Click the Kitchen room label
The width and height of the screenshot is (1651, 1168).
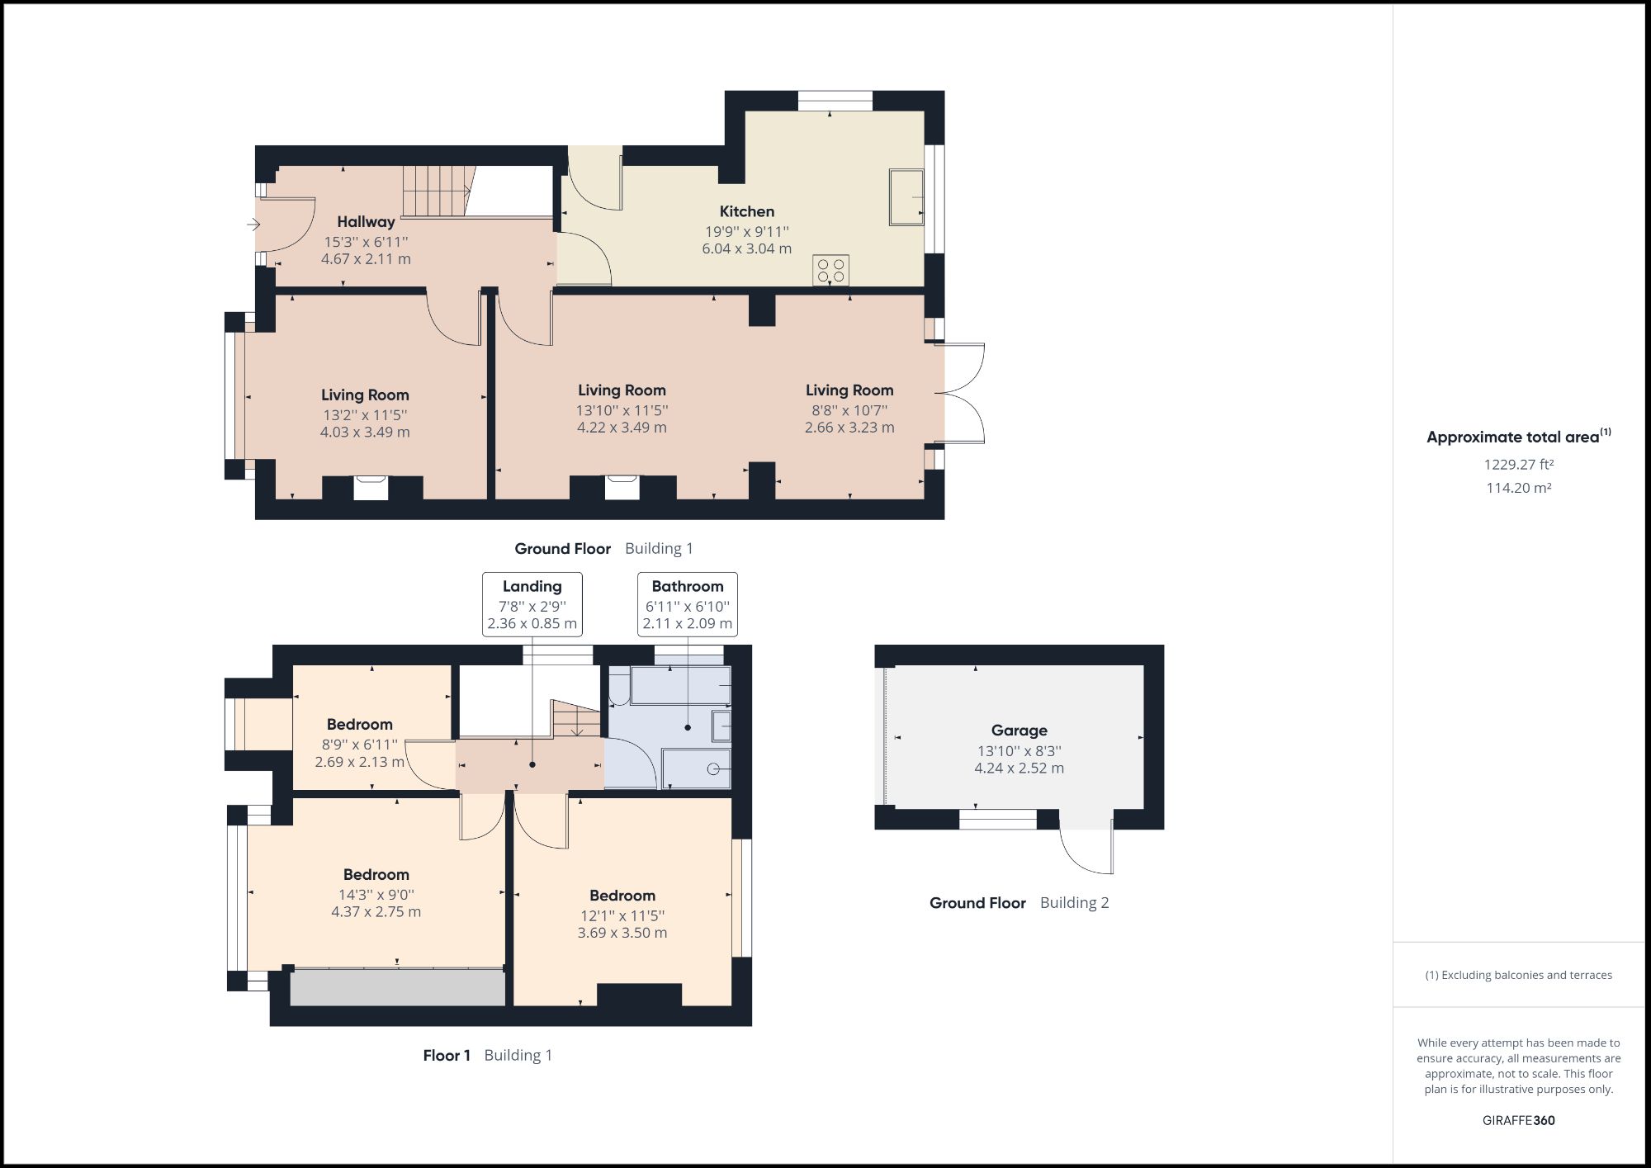click(746, 211)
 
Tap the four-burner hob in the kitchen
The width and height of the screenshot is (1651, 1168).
click(830, 271)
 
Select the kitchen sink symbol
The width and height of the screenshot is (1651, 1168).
click(906, 197)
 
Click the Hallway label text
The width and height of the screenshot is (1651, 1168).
click(366, 221)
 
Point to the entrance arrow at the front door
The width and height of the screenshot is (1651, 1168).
click(253, 224)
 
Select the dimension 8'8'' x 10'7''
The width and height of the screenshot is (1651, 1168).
click(849, 409)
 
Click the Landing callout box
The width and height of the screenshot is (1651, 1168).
click(532, 604)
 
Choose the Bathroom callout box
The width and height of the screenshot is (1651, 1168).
click(687, 604)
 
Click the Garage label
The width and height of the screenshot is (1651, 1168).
click(1019, 731)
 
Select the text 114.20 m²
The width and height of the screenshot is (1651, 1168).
click(1518, 488)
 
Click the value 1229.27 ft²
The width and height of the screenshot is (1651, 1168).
click(1518, 465)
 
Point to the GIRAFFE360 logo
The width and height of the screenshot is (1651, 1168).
click(1518, 1120)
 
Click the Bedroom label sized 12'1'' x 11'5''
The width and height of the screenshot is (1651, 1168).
click(622, 896)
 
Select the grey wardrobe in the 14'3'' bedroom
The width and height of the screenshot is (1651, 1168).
click(398, 988)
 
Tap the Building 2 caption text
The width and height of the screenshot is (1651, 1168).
click(1074, 902)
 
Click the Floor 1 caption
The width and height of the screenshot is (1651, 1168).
click(447, 1055)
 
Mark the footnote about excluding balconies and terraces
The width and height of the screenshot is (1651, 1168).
click(1518, 975)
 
